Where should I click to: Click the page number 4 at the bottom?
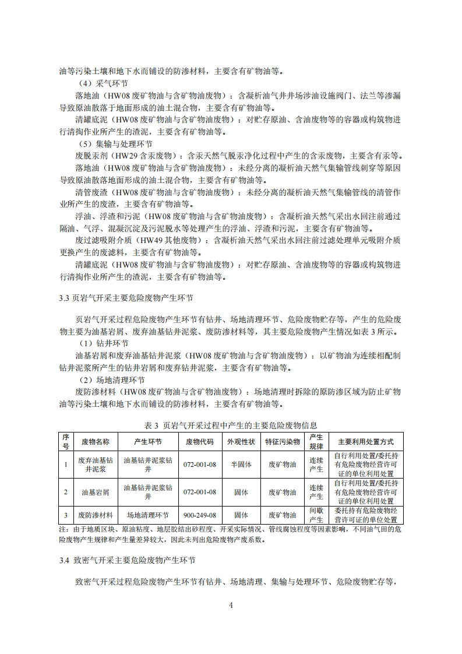click(231, 604)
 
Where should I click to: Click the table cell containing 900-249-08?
click(200, 515)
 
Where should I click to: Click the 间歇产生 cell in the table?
click(316, 515)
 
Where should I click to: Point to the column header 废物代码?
click(200, 441)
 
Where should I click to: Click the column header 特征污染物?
click(283, 441)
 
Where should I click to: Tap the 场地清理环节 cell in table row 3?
click(147, 515)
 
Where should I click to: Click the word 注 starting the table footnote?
click(63, 529)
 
